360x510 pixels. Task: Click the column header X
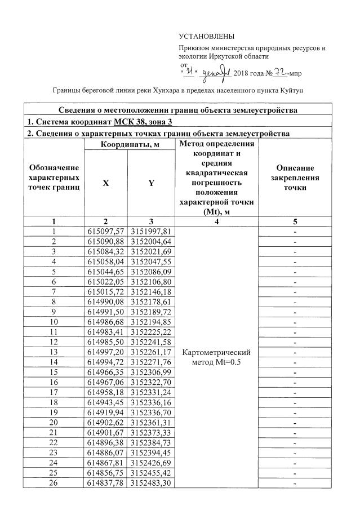pos(106,183)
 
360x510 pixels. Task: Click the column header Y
pos(152,183)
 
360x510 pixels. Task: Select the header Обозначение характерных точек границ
pos(54,178)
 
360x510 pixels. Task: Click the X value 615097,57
pos(106,231)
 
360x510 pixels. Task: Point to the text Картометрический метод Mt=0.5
pos(217,357)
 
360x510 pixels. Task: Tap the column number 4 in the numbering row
pos(217,221)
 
